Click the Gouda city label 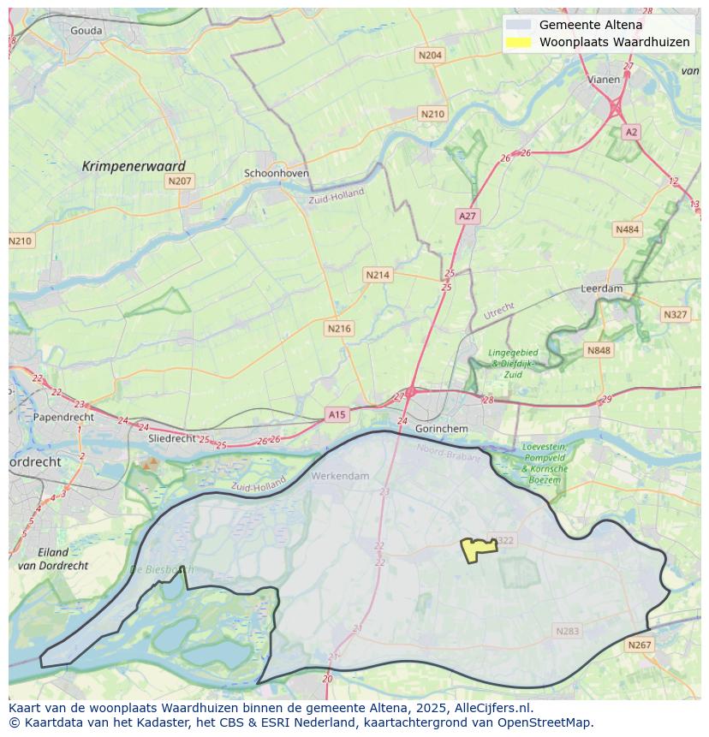[86, 31]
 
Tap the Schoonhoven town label [277, 173]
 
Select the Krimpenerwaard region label [134, 166]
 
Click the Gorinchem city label [441, 428]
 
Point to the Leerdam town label [602, 288]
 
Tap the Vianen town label [604, 80]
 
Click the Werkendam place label [341, 476]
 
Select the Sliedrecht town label [172, 437]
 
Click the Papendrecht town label [63, 418]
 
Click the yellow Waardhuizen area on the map [474, 550]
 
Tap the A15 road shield [337, 414]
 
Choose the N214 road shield [378, 275]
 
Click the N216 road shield [339, 328]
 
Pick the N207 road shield [180, 181]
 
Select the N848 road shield [599, 350]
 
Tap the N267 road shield [639, 645]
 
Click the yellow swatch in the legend [518, 42]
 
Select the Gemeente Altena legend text [590, 25]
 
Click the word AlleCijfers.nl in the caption [491, 708]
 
